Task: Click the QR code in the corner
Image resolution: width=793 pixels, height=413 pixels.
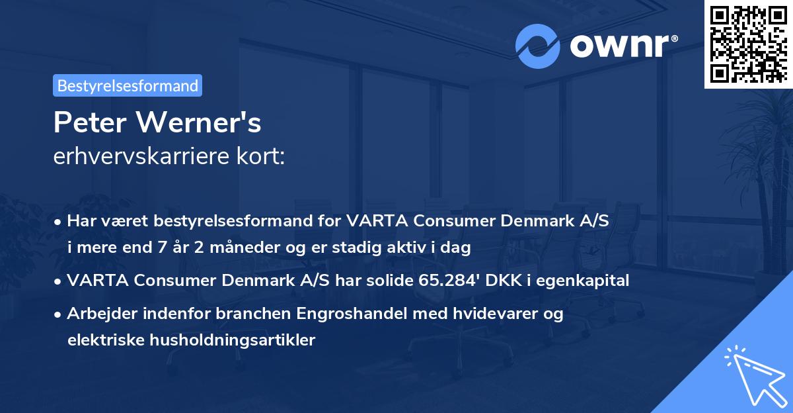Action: pyautogui.click(x=749, y=44)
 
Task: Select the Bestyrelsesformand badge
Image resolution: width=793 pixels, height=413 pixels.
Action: pyautogui.click(x=128, y=85)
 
